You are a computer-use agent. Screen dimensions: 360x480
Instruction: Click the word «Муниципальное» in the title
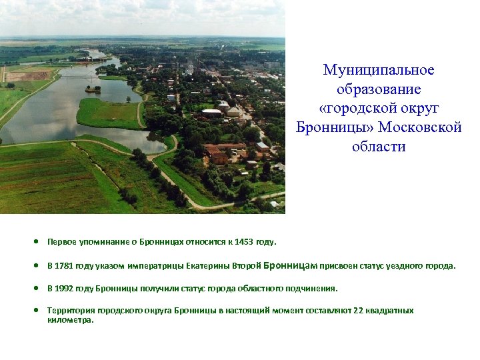coord(379,70)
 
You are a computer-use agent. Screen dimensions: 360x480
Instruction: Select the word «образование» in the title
coord(379,89)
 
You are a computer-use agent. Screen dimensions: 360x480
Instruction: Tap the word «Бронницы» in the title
coord(335,128)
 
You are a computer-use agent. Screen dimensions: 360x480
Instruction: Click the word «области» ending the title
coord(379,147)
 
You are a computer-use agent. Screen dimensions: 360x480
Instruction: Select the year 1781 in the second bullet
coord(64,266)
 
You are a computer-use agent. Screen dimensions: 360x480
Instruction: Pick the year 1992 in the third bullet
coord(64,289)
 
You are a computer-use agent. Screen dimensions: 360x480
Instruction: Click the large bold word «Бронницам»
coord(290,265)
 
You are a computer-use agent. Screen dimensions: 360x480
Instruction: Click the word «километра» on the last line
coord(70,320)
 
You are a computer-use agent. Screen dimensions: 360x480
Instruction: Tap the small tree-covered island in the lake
coord(93,88)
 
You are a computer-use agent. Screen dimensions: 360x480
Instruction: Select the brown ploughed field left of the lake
coord(27,76)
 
